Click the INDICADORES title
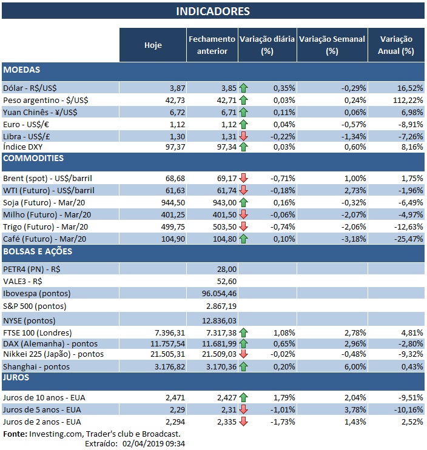(x=213, y=12)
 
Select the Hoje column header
(x=153, y=45)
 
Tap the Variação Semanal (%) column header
(x=332, y=45)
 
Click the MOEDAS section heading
(x=22, y=70)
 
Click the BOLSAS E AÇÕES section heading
(x=38, y=251)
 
